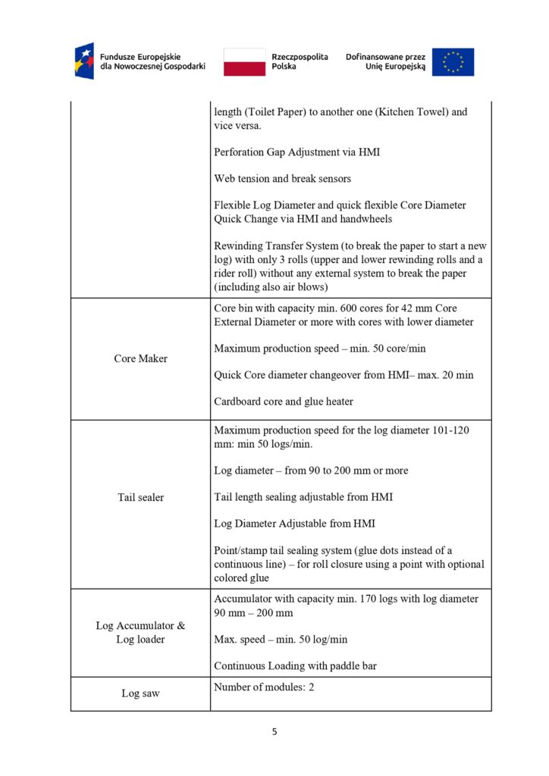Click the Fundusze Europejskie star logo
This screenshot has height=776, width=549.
[x=84, y=61]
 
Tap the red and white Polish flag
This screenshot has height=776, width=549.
[x=244, y=61]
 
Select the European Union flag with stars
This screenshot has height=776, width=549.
[x=453, y=61]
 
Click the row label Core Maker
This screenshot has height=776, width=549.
[x=140, y=358]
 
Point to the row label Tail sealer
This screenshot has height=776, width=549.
[x=140, y=497]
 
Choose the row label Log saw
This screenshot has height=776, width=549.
[x=140, y=693]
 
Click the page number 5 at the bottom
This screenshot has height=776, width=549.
[x=274, y=731]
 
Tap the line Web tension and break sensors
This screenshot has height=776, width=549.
[x=282, y=179]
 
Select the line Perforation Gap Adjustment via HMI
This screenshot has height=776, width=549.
[x=296, y=152]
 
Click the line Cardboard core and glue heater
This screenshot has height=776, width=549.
[x=283, y=402]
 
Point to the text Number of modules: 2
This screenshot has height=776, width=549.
[x=263, y=687]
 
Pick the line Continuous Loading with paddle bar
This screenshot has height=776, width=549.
[x=295, y=666]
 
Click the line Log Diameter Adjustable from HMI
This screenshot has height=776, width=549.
[x=294, y=524]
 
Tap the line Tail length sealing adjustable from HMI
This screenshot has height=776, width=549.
[x=303, y=497]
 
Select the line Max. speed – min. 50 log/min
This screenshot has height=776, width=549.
[x=281, y=640]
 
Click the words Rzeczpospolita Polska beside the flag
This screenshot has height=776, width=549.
[x=300, y=61]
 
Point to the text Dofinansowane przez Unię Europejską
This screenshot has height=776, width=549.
[x=385, y=61]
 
